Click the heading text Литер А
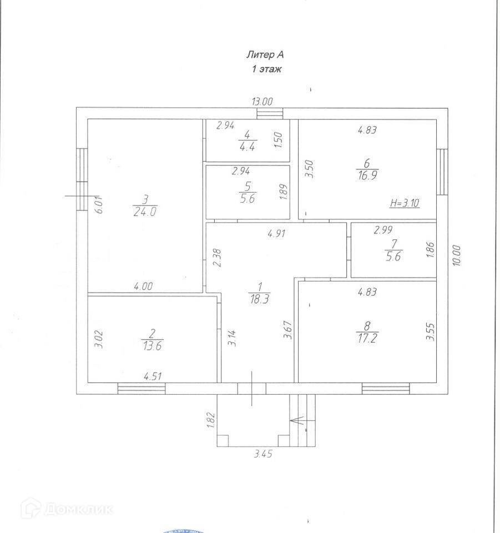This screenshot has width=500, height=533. click(265, 54)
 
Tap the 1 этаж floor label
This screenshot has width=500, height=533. click(267, 69)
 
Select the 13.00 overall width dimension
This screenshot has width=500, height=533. click(262, 102)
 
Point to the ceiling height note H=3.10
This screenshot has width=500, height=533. click(404, 203)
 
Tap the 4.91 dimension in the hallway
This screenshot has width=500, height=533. click(276, 234)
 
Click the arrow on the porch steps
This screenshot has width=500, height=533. click(298, 420)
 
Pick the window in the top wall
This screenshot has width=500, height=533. click(270, 113)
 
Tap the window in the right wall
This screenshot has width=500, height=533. click(442, 171)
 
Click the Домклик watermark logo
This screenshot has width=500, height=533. click(67, 507)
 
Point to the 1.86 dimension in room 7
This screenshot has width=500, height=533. click(431, 250)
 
